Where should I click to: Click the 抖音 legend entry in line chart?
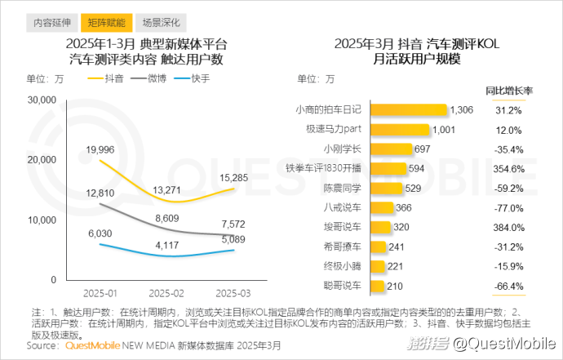(x=109, y=78)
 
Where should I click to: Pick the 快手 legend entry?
(x=193, y=78)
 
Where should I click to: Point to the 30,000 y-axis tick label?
(x=40, y=100)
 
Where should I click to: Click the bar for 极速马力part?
(x=401, y=129)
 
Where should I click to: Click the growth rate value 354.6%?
(x=508, y=169)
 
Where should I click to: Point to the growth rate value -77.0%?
(x=508, y=208)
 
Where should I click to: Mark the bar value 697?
(x=422, y=149)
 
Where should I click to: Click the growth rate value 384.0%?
(x=508, y=228)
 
